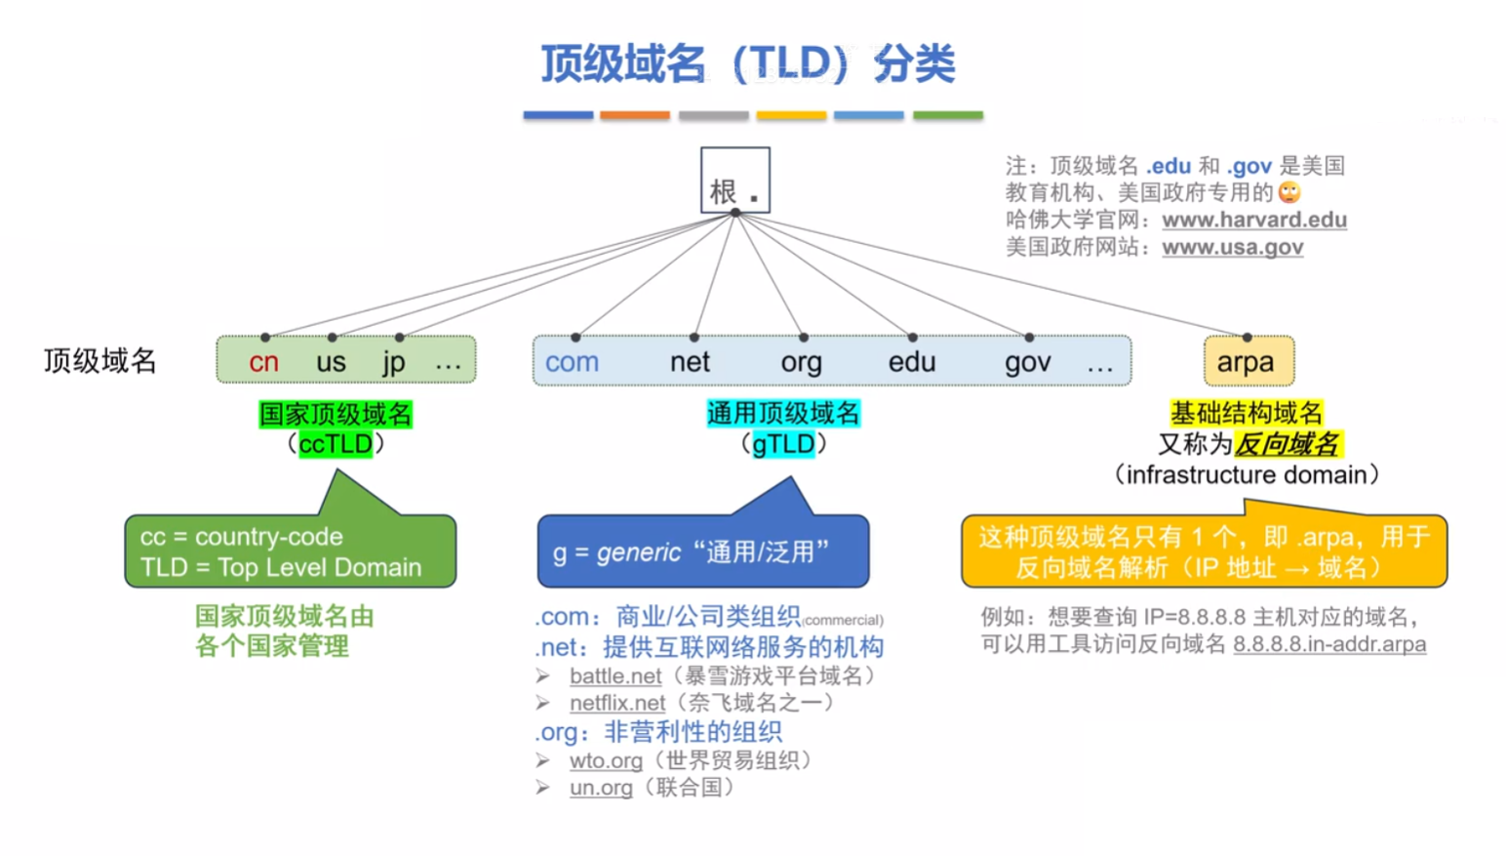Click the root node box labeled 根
734,181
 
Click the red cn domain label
263,362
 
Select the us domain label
331,362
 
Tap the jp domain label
394,362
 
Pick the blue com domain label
572,362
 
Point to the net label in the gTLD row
690,362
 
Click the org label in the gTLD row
801,362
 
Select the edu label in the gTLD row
911,362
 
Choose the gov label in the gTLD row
1027,362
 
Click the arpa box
1248,361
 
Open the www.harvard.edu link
1253,220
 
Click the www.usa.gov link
1232,247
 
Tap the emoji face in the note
1289,192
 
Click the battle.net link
615,675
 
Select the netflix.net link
617,703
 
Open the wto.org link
606,760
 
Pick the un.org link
601,788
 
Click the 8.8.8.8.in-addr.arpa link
1328,644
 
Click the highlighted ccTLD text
336,444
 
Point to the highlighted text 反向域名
1288,444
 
